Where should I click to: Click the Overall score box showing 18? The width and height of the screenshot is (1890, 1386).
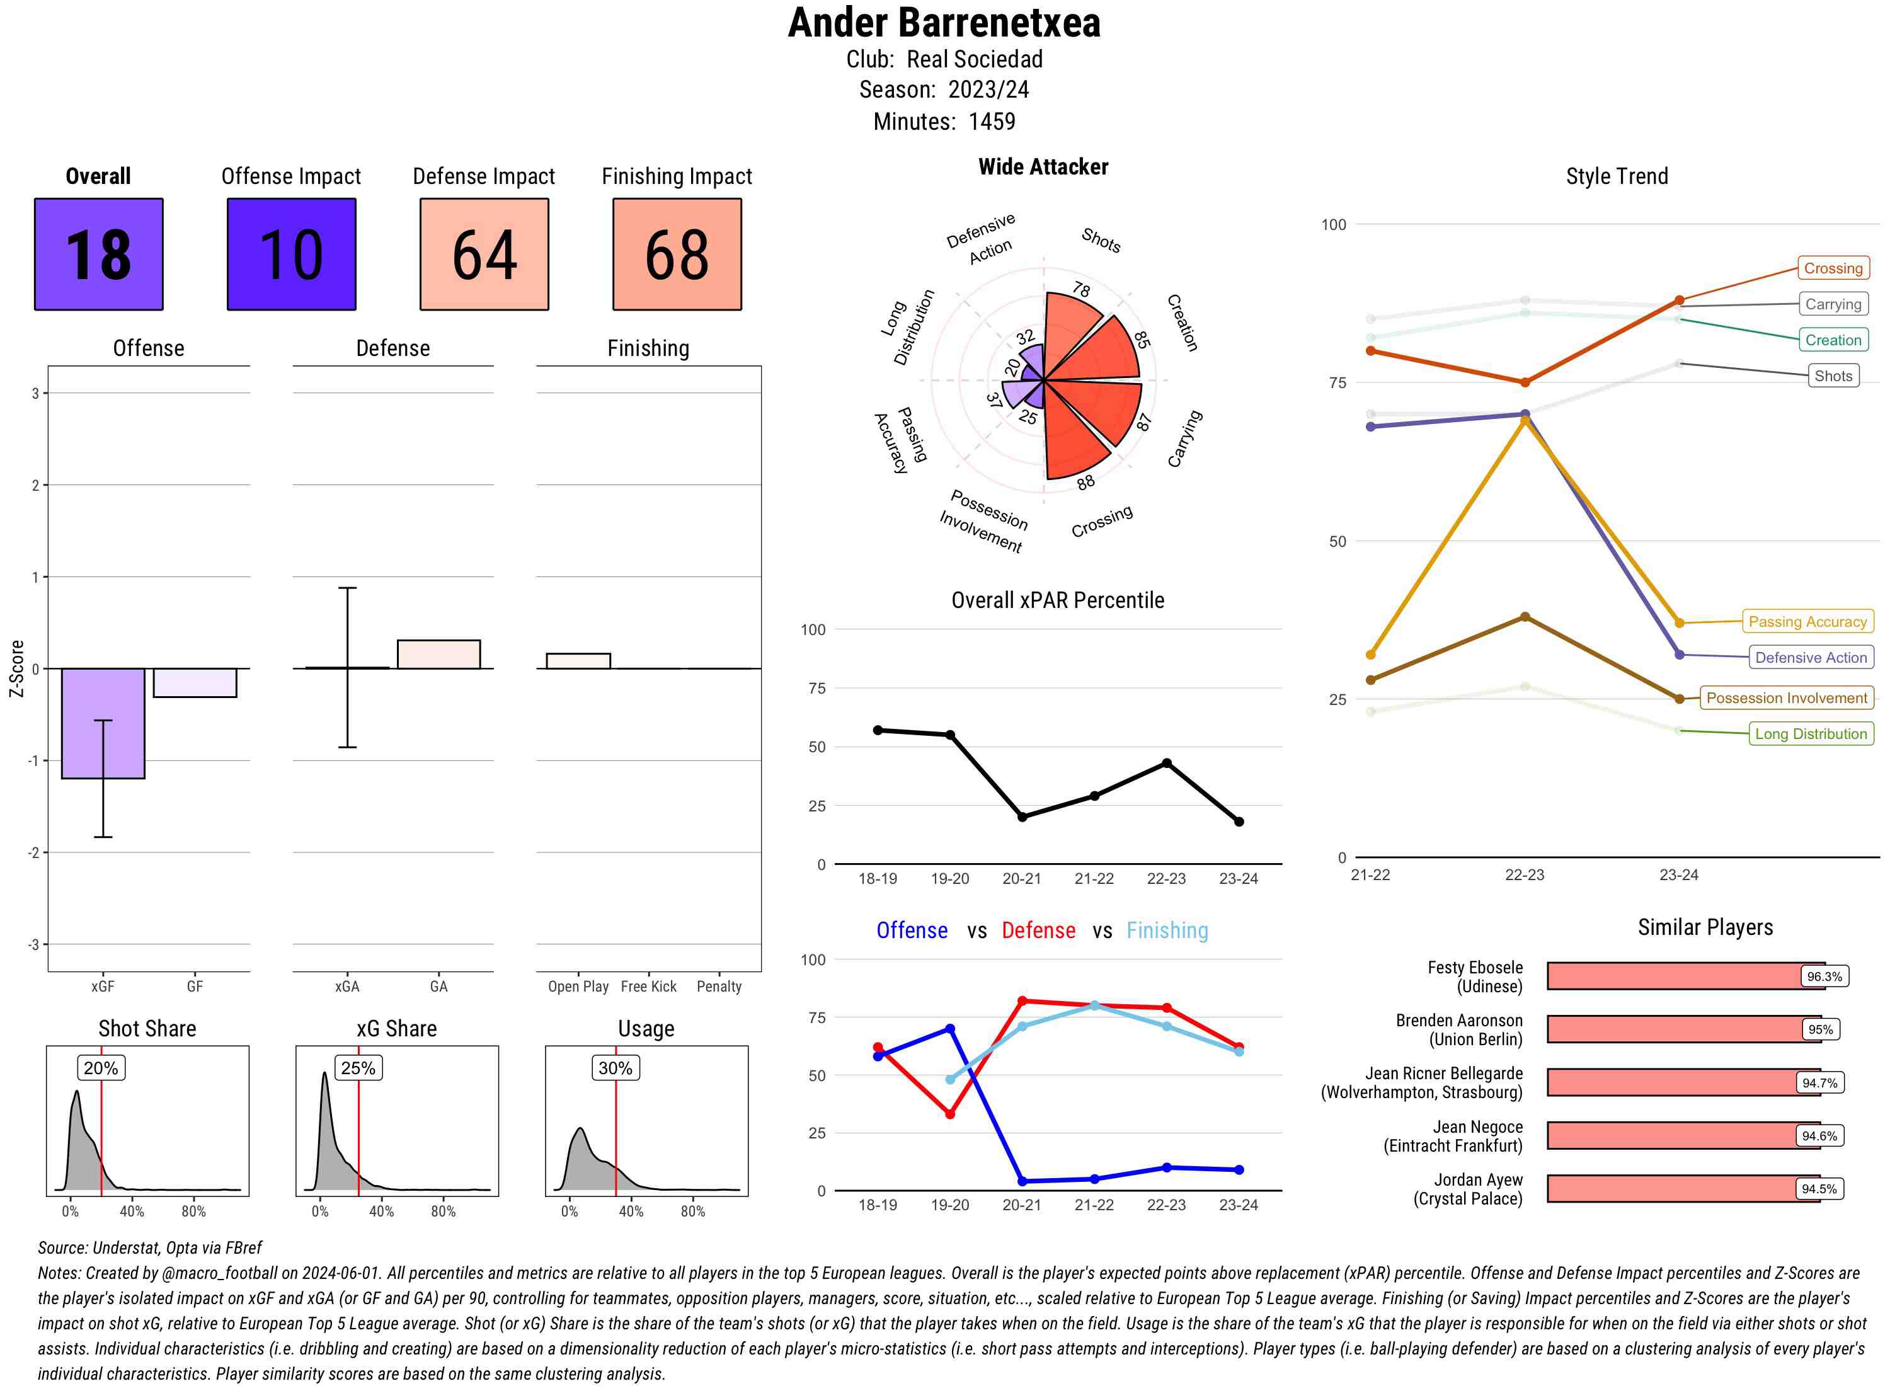(98, 255)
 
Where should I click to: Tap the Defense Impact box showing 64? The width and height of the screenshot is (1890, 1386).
(484, 255)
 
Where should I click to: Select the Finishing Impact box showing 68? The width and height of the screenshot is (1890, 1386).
(677, 255)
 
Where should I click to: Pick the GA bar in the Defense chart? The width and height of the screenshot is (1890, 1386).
(438, 655)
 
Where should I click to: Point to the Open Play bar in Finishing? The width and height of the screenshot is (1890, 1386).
(578, 661)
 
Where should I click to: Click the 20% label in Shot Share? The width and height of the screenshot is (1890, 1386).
(101, 1068)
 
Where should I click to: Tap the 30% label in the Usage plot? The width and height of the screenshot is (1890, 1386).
(615, 1068)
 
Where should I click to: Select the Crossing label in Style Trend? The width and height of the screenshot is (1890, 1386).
(1833, 268)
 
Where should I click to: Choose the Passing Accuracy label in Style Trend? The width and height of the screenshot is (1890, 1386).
(1808, 622)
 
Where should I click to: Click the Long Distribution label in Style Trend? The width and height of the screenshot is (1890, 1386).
(1811, 734)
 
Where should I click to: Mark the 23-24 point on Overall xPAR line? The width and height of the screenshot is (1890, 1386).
(1239, 822)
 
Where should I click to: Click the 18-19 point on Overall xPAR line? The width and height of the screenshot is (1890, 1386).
(878, 730)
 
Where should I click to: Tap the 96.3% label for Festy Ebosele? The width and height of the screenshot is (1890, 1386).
(1824, 976)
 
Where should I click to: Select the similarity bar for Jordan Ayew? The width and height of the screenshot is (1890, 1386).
(1683, 1189)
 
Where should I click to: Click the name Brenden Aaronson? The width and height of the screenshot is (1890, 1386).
(1459, 1020)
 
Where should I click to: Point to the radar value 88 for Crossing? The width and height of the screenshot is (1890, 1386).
(1086, 483)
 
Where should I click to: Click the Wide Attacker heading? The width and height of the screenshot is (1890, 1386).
(1043, 167)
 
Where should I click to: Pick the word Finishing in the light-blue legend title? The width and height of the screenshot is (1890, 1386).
(1167, 931)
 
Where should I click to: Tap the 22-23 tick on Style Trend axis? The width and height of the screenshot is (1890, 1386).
(1524, 875)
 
